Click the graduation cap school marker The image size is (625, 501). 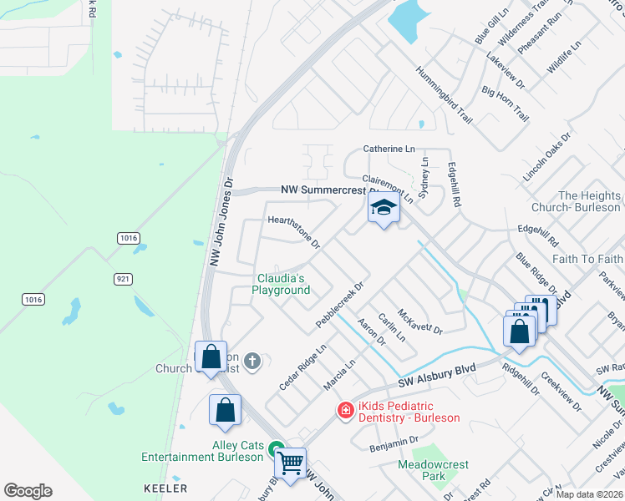[384, 209]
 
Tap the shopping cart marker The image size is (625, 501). [290, 462]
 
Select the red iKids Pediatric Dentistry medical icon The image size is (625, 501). [344, 410]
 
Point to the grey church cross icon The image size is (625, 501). [252, 362]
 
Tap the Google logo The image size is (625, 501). [28, 491]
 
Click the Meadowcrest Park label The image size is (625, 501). [433, 471]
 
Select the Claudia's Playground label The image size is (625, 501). [281, 284]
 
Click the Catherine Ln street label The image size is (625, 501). [389, 149]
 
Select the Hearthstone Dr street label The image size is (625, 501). [293, 231]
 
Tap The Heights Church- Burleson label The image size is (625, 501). [588, 201]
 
